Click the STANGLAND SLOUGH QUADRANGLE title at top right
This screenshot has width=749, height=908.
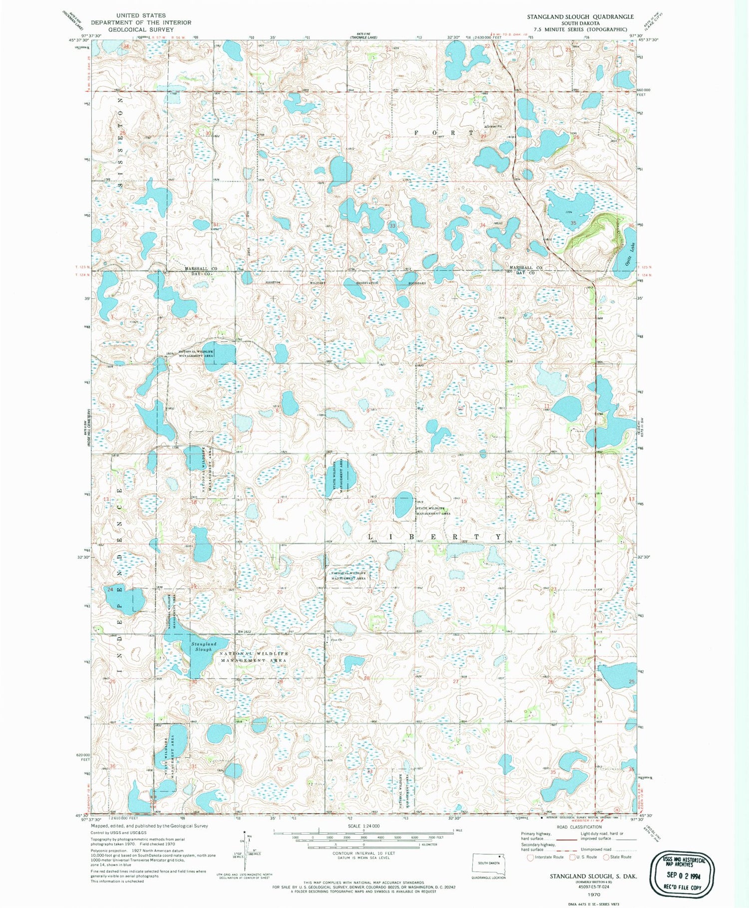point(580,16)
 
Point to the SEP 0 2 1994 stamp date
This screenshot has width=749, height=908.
point(682,874)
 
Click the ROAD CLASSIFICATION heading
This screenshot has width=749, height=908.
point(579,827)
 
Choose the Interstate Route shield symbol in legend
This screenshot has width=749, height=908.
point(530,857)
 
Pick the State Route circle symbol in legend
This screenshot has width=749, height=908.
point(606,857)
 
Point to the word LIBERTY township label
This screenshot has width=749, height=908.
point(435,537)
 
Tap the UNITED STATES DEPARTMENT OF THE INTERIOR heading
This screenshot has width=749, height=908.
point(141,22)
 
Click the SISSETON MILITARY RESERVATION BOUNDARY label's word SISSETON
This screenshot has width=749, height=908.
point(273,282)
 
